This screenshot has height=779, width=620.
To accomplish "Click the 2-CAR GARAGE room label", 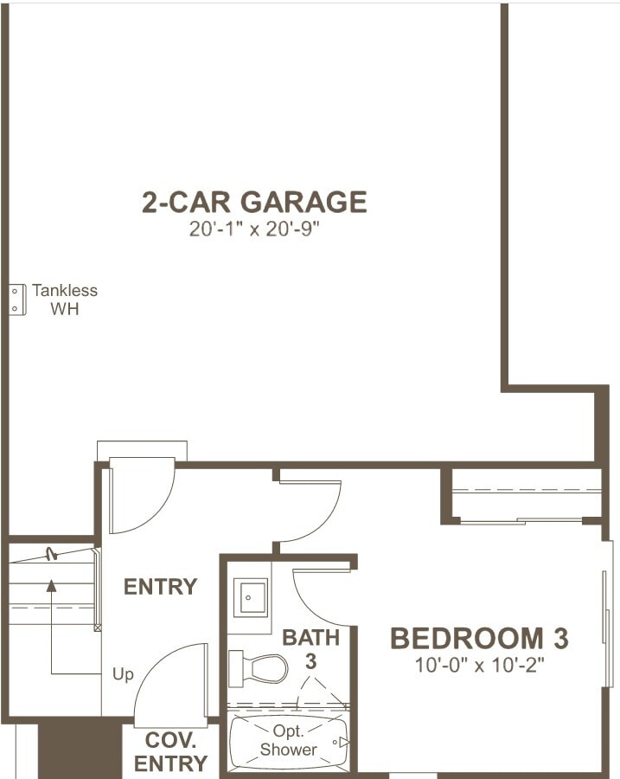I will (254, 202).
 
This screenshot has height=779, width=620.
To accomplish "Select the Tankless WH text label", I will (65, 299).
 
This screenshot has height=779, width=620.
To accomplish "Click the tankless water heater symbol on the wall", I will (15, 299).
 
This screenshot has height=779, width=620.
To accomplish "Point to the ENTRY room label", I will (160, 587).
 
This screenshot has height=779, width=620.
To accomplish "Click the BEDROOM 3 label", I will (479, 639).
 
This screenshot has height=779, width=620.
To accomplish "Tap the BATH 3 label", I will (311, 649).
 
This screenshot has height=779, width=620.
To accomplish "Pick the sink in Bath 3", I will (250, 597).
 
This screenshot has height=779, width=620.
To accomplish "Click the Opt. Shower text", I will (288, 741).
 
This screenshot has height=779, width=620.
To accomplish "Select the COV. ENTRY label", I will (170, 752).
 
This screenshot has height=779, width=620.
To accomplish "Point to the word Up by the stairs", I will (123, 673).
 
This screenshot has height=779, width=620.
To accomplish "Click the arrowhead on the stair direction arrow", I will (51, 586).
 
